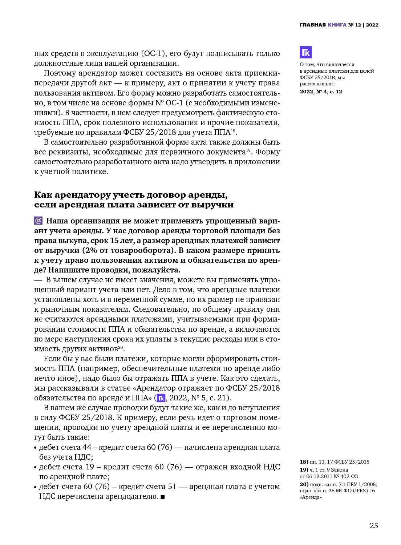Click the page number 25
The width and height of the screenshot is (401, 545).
coord(374,525)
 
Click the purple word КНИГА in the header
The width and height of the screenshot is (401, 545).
coord(337,25)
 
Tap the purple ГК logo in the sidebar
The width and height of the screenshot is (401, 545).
coord(305,52)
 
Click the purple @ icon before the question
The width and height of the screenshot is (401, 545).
coord(38,221)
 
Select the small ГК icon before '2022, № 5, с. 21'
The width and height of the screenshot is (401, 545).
coord(161,398)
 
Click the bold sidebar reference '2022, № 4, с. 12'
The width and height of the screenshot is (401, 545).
coord(321,92)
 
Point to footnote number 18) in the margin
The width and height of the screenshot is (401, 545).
coord(304,462)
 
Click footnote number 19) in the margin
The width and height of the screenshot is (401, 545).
coord(304,470)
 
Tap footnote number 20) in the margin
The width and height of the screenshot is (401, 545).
coord(304,484)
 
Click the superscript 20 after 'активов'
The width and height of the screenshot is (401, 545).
coord(121,347)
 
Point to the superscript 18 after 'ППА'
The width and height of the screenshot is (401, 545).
coord(233,131)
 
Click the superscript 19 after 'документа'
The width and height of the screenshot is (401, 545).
coord(248,150)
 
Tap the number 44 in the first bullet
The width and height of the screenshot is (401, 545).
coord(87,447)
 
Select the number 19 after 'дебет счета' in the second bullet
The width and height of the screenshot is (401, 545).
coord(90,467)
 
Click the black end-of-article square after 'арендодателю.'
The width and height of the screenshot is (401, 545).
coord(162,497)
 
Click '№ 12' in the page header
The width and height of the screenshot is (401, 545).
coord(355,25)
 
